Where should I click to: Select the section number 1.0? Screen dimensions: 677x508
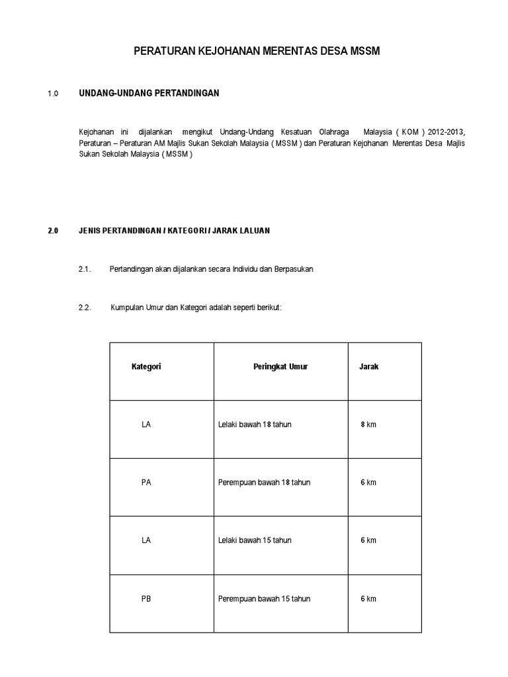tap(54, 94)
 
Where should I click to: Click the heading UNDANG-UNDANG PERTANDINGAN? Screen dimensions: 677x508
tap(149, 93)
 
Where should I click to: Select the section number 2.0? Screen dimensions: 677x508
tap(54, 231)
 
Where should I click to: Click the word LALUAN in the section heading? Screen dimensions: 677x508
tap(254, 231)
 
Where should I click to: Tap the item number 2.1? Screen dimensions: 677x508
tap(84, 269)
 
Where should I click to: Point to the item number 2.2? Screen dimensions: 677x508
tap(84, 307)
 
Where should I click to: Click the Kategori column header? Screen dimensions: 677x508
tap(146, 366)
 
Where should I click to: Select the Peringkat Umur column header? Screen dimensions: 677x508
tap(280, 366)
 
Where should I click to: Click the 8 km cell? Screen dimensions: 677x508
tap(368, 424)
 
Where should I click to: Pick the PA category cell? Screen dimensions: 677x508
tap(146, 483)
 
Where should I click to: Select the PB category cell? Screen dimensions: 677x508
tap(146, 599)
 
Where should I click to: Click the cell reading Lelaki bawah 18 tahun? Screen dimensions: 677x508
tap(255, 424)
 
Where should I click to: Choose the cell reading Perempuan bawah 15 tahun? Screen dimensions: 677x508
tap(264, 599)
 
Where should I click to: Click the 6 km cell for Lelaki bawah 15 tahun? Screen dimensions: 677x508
tap(368, 541)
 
